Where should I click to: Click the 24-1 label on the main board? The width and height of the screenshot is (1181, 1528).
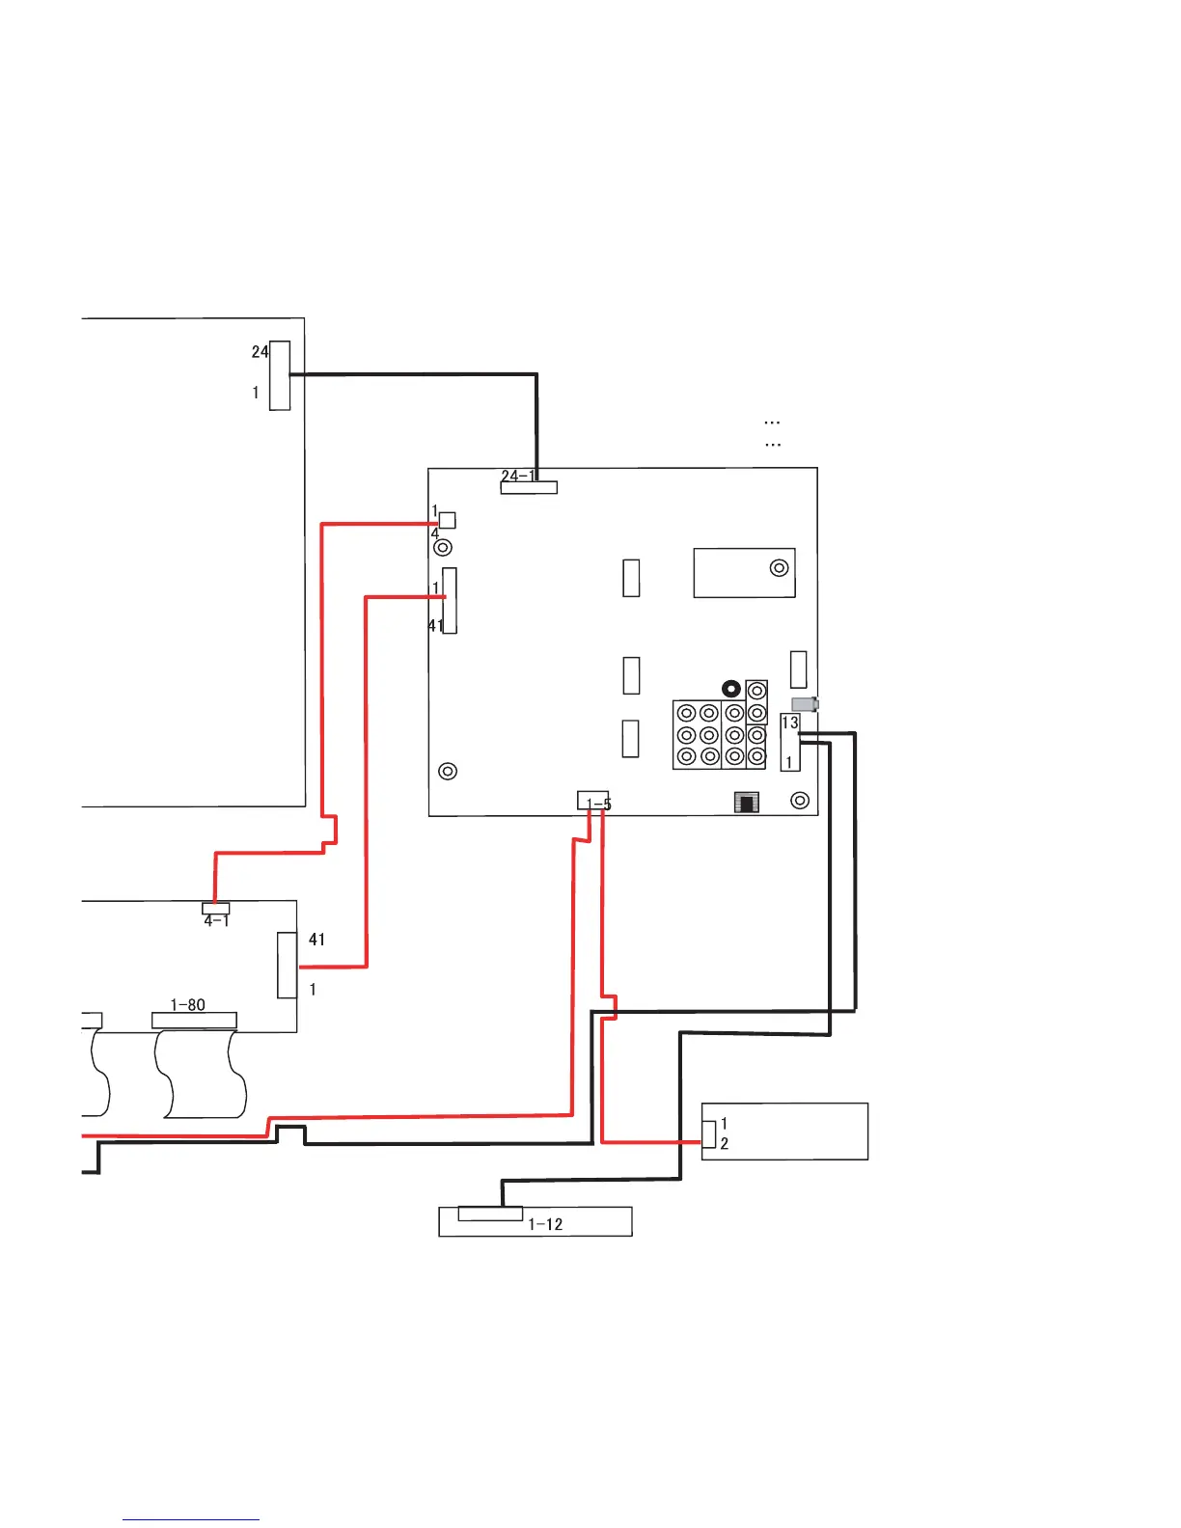pos(517,476)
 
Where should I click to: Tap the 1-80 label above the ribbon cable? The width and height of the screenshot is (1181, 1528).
pos(187,1005)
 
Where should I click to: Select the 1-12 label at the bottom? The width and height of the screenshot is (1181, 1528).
pos(545,1224)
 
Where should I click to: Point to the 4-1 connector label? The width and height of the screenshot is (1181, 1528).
pos(216,921)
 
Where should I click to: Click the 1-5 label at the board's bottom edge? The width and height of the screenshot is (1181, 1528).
pos(598,804)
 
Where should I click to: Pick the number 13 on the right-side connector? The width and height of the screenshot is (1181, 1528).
pos(789,723)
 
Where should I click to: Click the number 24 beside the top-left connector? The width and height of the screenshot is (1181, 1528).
pos(260,352)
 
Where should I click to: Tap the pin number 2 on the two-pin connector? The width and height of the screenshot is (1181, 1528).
pos(724,1144)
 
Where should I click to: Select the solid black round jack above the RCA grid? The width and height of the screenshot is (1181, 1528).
pos(731,689)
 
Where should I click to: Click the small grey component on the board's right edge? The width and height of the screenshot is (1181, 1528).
pos(805,705)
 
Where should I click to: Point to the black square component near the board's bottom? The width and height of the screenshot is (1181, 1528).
pos(747,802)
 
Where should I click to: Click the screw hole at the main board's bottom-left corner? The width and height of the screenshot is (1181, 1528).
pos(447,772)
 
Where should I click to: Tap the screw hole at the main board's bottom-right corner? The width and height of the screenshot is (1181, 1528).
pos(799,801)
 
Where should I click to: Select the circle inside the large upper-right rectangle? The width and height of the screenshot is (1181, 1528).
pos(779,568)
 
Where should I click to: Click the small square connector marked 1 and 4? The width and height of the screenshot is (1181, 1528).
pos(447,521)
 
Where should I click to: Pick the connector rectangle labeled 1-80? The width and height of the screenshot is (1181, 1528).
pos(194,1021)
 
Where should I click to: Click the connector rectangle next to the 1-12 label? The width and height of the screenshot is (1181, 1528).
pos(490,1214)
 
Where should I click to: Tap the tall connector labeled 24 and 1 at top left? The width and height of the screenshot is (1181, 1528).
pos(280,375)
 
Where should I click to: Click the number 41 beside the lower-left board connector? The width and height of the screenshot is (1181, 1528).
pos(316,940)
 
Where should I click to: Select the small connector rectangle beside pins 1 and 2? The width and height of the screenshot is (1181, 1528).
pos(709,1134)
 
